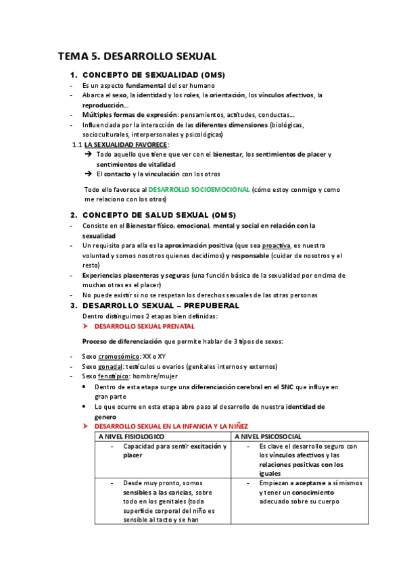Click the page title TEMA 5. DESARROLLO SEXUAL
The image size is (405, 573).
coord(137,56)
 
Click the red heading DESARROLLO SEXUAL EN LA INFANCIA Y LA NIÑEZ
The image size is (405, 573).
coord(171,427)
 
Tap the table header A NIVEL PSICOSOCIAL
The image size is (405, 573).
coord(268,437)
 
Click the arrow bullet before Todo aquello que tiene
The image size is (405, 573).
coord(88,155)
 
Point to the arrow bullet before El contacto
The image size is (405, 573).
coord(88,174)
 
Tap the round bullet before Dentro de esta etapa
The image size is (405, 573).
coord(83,387)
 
